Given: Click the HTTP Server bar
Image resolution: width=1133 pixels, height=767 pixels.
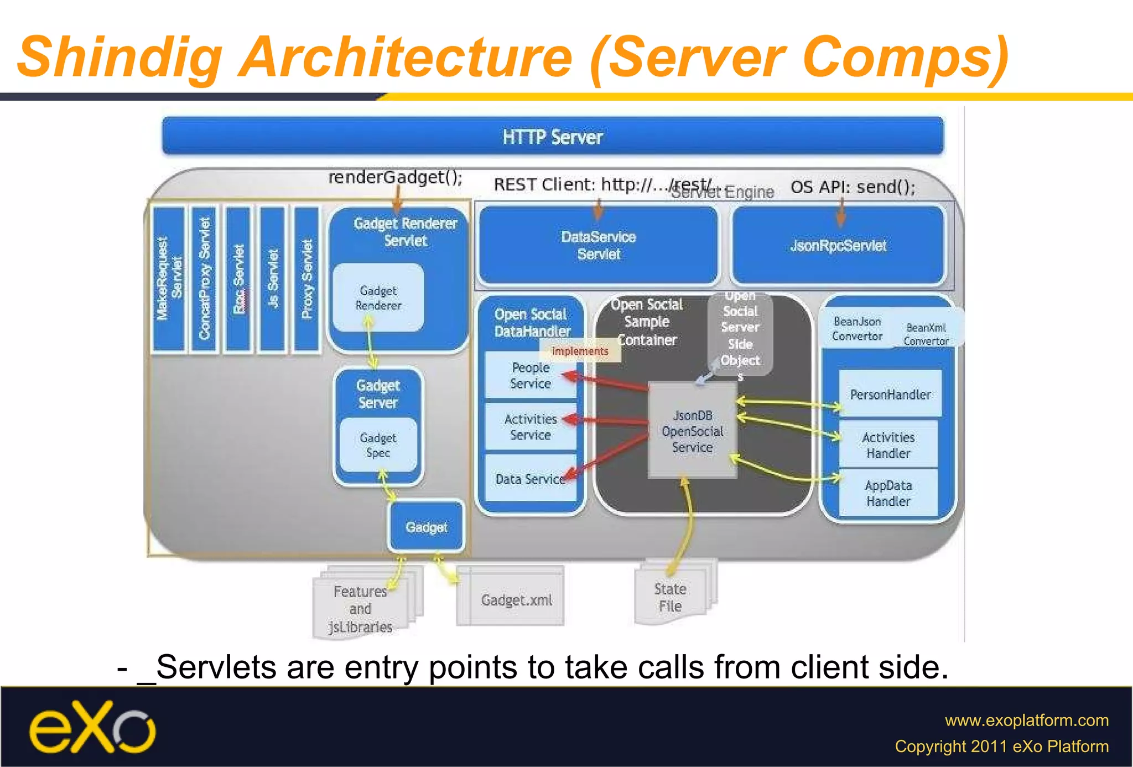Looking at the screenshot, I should (x=552, y=136).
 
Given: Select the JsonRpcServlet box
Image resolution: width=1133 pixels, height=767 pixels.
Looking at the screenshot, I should (x=838, y=245).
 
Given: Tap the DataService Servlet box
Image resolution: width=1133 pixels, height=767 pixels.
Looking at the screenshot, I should (x=598, y=245).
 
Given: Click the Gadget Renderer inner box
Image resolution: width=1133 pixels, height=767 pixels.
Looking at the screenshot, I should (x=378, y=298).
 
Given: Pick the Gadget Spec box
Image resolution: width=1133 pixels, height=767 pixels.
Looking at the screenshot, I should (x=378, y=445).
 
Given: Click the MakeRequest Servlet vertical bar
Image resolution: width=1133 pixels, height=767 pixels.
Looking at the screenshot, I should (x=169, y=279).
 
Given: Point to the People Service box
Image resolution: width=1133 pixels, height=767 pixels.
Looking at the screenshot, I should (x=530, y=376).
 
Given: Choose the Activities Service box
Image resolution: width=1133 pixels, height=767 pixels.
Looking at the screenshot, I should (x=530, y=427).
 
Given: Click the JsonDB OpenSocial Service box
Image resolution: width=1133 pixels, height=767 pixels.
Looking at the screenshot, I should (x=692, y=431).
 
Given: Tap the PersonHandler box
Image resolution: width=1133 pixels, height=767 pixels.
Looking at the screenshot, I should (x=890, y=394).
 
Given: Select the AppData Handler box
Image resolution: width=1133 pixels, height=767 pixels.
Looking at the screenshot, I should (x=888, y=493).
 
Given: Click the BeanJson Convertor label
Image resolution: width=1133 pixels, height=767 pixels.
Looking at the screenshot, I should (x=857, y=329).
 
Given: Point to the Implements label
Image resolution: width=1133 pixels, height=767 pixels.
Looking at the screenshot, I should (x=580, y=351).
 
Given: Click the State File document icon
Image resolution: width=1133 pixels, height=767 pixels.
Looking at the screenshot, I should (x=671, y=597).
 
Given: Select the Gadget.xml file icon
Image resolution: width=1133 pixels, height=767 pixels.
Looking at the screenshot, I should (x=516, y=599).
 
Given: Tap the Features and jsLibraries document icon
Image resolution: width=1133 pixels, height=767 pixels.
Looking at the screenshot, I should (x=360, y=608).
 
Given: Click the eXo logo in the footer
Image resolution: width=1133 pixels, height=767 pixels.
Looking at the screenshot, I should (x=92, y=727).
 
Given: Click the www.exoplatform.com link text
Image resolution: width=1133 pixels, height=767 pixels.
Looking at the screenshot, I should (x=1026, y=720).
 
